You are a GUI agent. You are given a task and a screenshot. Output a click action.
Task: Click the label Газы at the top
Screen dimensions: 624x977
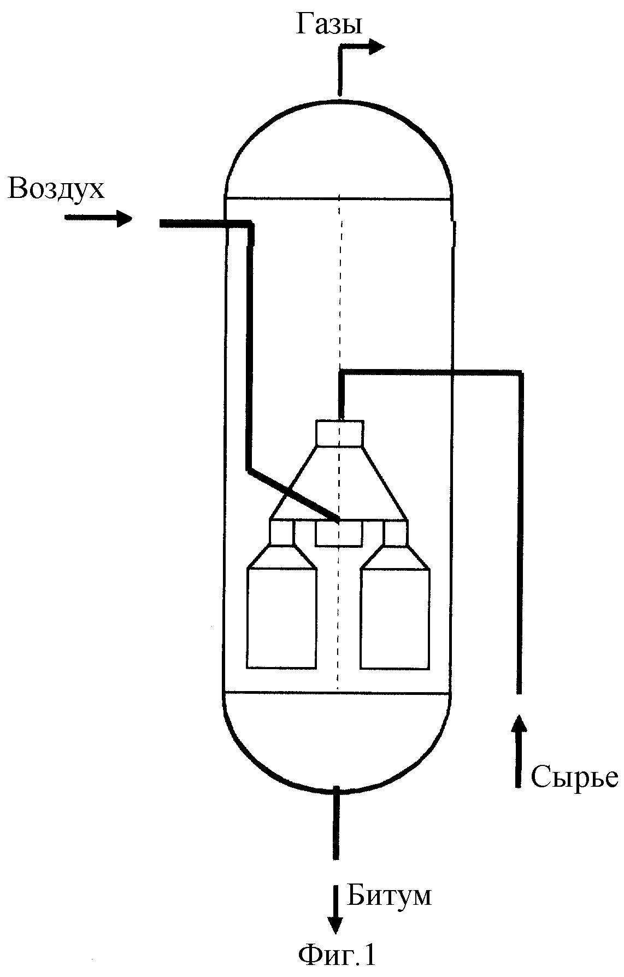point(329,25)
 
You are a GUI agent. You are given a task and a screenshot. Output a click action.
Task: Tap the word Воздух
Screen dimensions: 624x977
point(57,189)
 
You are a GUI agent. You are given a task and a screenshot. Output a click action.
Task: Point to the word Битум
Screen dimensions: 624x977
point(389,896)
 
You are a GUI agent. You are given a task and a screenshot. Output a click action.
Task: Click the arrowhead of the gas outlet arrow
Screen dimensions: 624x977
point(376,48)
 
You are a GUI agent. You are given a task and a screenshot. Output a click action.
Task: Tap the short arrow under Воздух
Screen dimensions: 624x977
point(98,218)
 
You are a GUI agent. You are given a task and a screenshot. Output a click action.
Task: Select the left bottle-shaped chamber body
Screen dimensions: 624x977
point(282,618)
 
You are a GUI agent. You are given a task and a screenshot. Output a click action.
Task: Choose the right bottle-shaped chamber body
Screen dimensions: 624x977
point(395,618)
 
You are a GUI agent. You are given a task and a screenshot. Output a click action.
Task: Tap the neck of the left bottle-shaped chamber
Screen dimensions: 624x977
point(282,533)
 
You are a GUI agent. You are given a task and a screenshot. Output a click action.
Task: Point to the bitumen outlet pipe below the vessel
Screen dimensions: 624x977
point(335,823)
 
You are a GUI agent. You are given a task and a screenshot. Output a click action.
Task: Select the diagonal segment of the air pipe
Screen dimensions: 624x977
point(293,494)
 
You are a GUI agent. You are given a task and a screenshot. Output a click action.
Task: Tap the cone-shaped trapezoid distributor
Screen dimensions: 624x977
point(339,483)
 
